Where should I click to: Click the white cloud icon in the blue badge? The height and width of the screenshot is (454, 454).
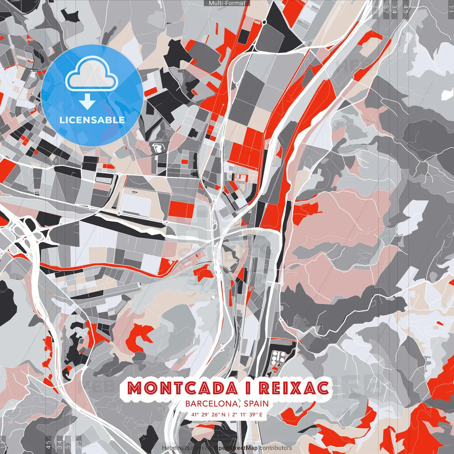(92, 76)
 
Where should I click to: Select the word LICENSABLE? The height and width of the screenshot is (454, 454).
(92, 120)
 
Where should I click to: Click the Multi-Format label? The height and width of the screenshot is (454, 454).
(227, 3)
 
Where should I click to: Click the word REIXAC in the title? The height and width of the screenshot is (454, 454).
(294, 388)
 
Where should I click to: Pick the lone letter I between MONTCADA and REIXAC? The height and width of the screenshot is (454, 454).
(248, 388)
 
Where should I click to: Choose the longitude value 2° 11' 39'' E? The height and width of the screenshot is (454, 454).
(248, 414)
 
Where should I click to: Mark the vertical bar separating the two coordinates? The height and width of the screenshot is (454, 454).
(229, 414)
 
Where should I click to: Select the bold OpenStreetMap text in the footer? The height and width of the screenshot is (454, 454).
(236, 448)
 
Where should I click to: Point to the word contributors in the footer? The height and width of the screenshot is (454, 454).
(276, 448)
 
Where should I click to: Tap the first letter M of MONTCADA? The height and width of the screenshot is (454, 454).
(135, 388)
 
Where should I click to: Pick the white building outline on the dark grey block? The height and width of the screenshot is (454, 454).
(156, 148)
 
